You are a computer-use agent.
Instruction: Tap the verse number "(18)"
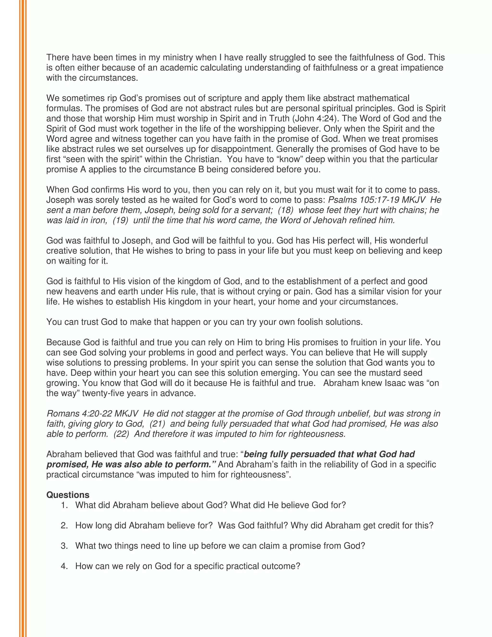(x=286, y=210)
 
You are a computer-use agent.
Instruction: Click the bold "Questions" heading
(x=68, y=495)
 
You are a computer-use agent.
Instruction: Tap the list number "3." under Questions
(x=64, y=546)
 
